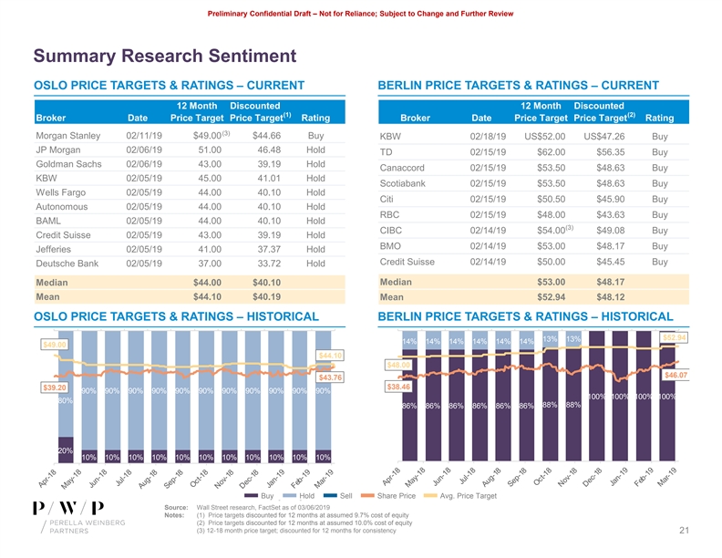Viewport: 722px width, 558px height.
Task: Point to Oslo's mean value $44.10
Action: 208,296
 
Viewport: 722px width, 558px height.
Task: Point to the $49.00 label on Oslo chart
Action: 55,344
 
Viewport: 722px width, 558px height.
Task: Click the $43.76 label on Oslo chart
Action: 330,377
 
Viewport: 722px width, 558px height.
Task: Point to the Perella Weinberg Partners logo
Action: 67,520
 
